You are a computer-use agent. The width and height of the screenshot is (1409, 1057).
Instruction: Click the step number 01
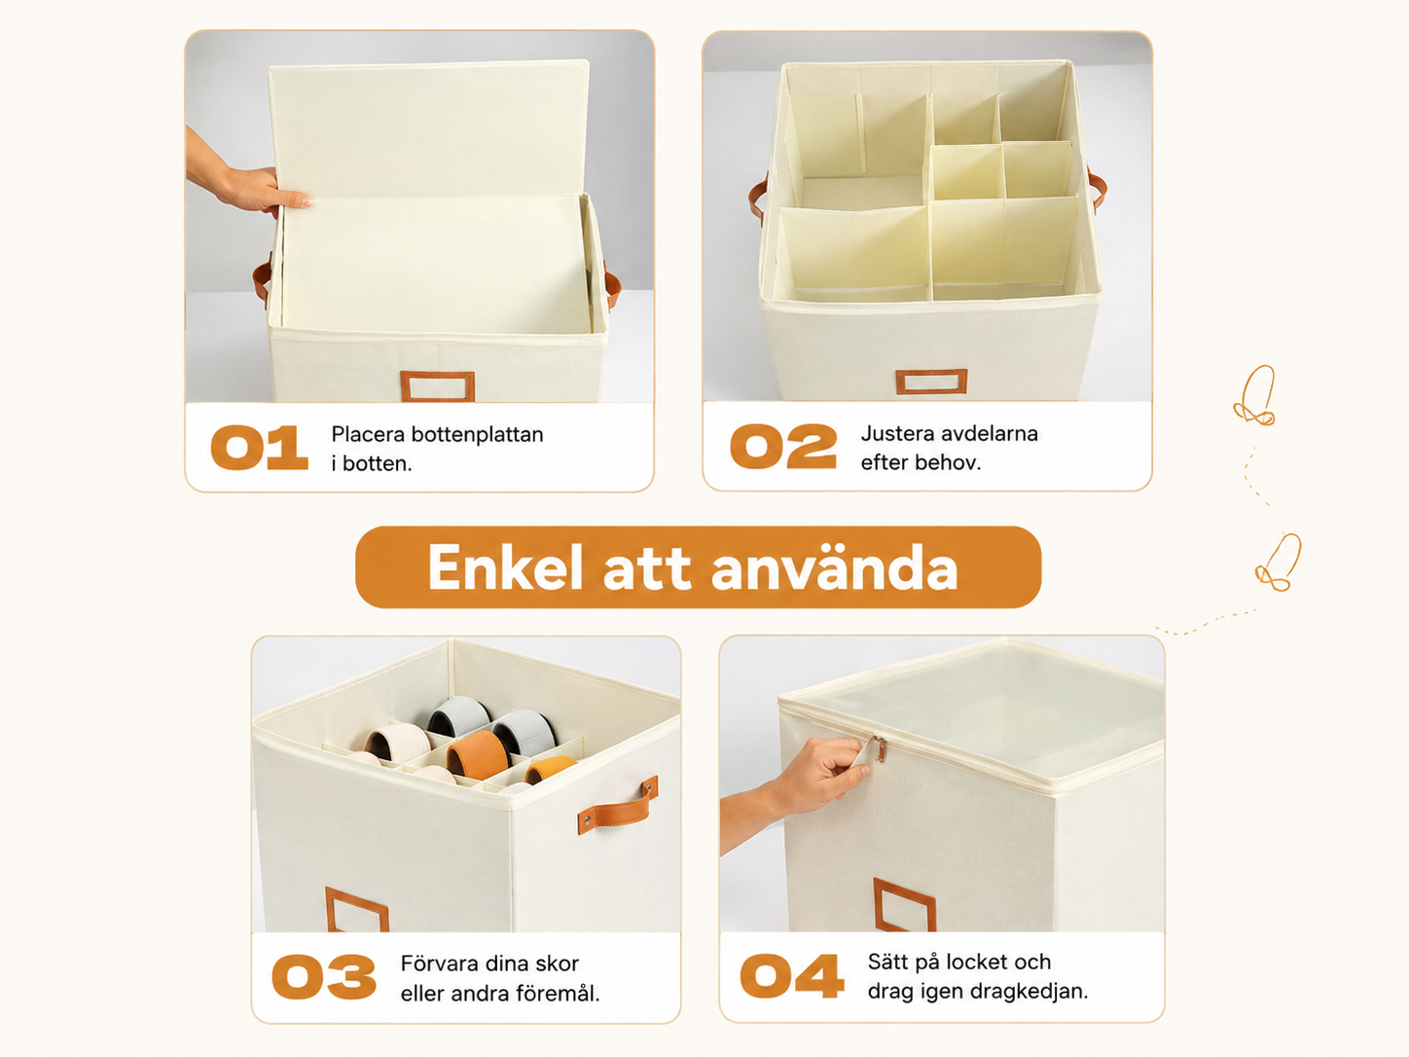click(x=260, y=448)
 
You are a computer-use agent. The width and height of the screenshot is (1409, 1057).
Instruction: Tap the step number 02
click(x=783, y=446)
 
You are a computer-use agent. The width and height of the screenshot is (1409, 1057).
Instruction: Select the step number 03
click(x=324, y=976)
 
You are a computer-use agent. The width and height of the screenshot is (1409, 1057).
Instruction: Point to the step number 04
click(x=791, y=975)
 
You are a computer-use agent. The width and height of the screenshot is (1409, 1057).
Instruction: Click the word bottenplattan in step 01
click(x=478, y=434)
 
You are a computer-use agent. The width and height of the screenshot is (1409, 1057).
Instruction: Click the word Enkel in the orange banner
click(x=506, y=567)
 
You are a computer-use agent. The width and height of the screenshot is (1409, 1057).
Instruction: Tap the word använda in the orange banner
click(x=835, y=567)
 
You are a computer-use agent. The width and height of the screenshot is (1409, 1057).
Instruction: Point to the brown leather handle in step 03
click(x=618, y=805)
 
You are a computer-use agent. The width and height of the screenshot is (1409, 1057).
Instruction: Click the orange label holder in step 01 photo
click(x=438, y=385)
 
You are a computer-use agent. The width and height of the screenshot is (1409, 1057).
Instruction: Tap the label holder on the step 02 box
click(x=931, y=382)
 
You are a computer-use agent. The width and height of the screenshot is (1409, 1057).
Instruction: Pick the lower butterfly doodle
click(x=1278, y=563)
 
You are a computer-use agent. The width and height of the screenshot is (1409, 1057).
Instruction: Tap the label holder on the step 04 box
click(x=904, y=905)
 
